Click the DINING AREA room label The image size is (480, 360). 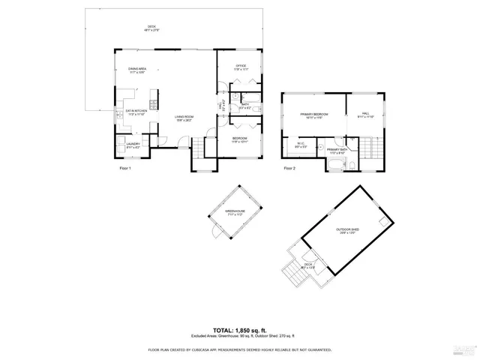[x=136, y=70]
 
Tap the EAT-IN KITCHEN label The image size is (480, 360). [x=124, y=113]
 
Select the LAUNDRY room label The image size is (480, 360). [x=133, y=145]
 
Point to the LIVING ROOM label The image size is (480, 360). [x=184, y=118]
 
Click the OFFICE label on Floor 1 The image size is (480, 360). [x=241, y=67]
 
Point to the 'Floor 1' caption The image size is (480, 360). [x=125, y=169]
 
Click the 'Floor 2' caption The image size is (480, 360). [x=289, y=169]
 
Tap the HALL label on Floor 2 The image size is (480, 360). [x=365, y=115]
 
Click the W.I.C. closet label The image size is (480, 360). [x=300, y=145]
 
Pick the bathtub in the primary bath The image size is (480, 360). [x=333, y=164]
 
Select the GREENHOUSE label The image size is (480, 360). [x=236, y=213]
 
